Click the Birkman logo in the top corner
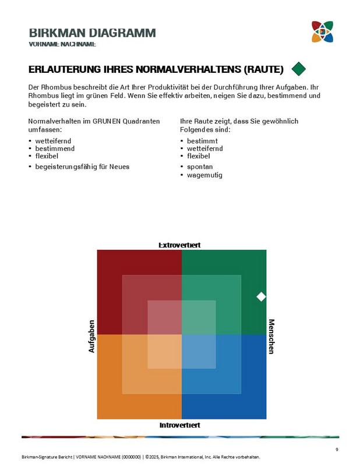322,31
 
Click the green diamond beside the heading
299,69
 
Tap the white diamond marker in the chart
261,296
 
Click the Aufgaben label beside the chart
91,336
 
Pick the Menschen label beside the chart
271,336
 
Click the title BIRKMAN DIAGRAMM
92,33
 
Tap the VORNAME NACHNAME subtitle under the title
62,44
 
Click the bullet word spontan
200,167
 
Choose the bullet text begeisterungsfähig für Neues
82,167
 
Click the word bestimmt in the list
202,141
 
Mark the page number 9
337,449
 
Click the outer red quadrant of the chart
110,262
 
